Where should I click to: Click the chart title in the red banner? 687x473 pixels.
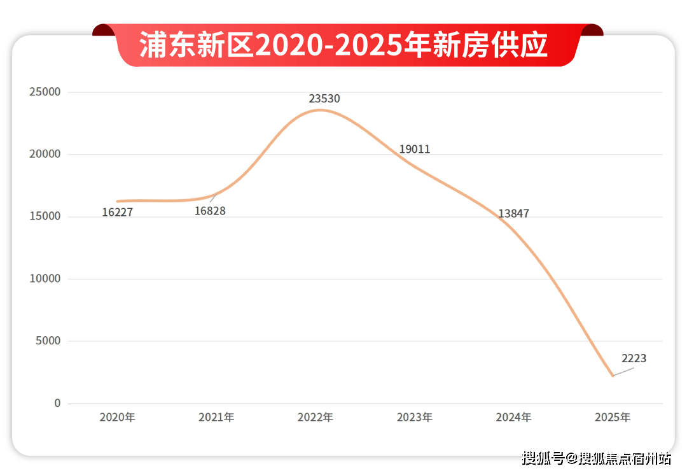click(x=343, y=46)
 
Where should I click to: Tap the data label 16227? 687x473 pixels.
click(x=118, y=213)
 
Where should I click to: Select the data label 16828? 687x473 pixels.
click(x=210, y=211)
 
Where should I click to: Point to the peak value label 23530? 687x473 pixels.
click(x=324, y=99)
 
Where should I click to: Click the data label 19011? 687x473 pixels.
click(x=415, y=150)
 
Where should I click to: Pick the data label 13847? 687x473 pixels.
click(x=513, y=214)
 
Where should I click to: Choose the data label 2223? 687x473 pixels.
click(x=634, y=358)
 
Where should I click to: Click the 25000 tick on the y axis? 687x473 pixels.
click(x=45, y=92)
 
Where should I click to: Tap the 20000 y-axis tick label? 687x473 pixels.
click(x=45, y=155)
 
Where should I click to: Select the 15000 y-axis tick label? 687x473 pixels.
click(x=45, y=216)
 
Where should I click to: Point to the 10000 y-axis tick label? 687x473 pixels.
click(x=45, y=279)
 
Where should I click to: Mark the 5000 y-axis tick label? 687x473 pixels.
click(x=48, y=341)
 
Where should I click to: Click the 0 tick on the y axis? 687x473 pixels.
click(x=57, y=404)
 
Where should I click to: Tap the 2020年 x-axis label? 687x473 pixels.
click(x=118, y=418)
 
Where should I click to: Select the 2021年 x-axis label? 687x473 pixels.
click(x=216, y=418)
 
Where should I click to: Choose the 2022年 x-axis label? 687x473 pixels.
click(x=316, y=418)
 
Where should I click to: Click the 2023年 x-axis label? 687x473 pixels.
click(x=415, y=418)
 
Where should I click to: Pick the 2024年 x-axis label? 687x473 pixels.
click(x=513, y=418)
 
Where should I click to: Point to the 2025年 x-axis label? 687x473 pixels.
click(x=613, y=418)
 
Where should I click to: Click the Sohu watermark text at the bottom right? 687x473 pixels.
click(x=597, y=458)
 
